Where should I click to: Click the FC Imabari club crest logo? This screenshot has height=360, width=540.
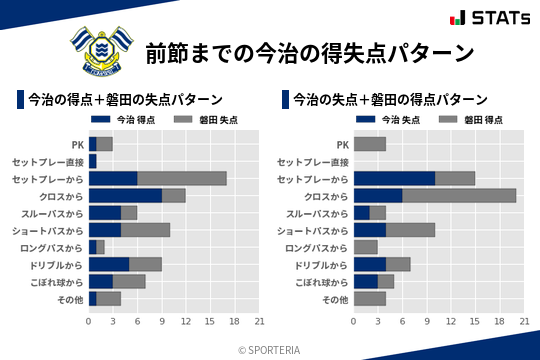(x=99, y=49)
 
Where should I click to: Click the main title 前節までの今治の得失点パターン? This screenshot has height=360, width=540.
(x=308, y=51)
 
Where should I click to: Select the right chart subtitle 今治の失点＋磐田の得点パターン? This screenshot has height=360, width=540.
(x=391, y=100)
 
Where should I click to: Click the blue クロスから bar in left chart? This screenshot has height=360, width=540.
(x=125, y=195)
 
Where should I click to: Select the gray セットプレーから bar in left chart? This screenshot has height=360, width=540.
(x=182, y=178)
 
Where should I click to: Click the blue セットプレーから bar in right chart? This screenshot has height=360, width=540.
(x=394, y=178)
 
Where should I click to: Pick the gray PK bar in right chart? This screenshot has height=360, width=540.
(x=370, y=144)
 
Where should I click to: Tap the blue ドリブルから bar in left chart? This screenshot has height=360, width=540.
(x=109, y=264)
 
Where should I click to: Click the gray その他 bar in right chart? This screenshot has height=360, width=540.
(x=370, y=298)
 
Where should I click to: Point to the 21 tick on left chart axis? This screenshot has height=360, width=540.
(x=259, y=321)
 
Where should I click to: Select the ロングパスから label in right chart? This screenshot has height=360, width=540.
(x=316, y=247)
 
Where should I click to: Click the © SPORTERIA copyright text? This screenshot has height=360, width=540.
(x=270, y=349)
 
